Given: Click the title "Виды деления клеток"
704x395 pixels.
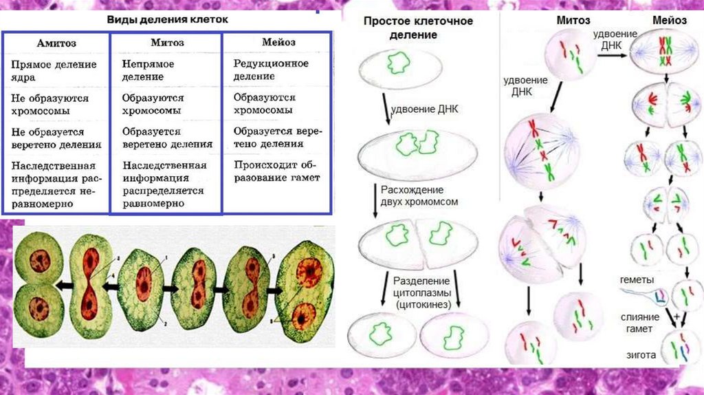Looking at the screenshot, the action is pyautogui.click(x=166, y=19).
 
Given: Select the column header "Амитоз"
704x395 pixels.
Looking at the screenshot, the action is pyautogui.click(x=56, y=43).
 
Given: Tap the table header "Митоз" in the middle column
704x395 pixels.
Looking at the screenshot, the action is pyautogui.click(x=166, y=43).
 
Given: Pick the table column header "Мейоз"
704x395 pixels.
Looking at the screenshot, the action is pyautogui.click(x=278, y=43).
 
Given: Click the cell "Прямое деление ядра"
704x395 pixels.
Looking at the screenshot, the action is pyautogui.click(x=54, y=71).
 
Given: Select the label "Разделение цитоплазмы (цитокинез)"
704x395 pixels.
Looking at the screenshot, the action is pyautogui.click(x=421, y=292).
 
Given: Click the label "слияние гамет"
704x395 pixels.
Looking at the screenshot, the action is pyautogui.click(x=639, y=322).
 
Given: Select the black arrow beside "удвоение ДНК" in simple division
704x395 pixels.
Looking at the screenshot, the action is pyautogui.click(x=387, y=110).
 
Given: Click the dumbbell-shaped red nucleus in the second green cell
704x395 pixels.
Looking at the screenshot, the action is pyautogui.click(x=90, y=284).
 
